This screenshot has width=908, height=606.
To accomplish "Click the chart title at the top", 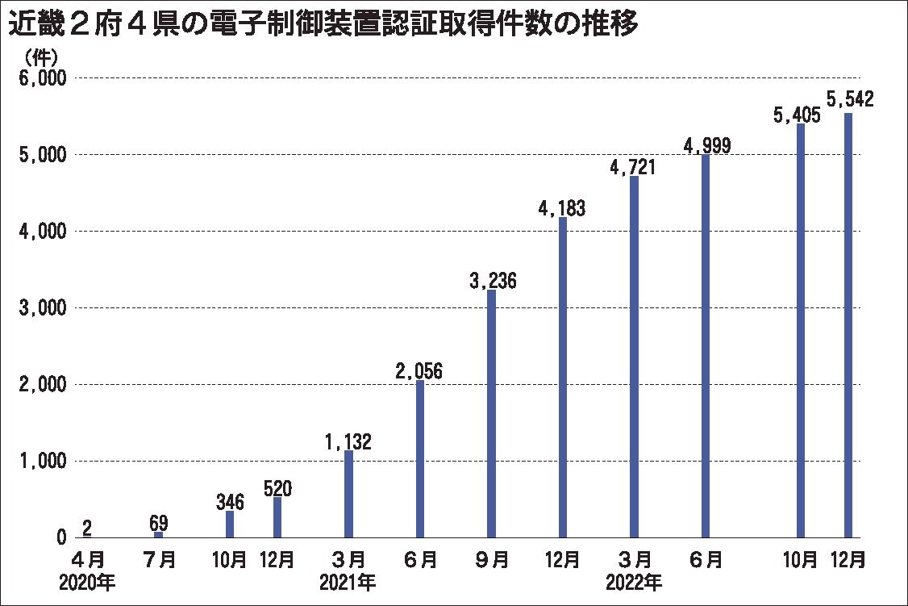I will (323, 26).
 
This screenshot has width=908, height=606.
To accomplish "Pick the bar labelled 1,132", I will (348, 494).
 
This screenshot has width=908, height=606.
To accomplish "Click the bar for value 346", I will (230, 525).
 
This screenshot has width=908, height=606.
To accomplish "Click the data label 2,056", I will (419, 371).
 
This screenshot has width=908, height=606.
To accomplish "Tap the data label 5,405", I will (796, 115).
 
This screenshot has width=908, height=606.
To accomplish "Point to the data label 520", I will (277, 488).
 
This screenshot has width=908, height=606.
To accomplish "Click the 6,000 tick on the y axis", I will (40, 78).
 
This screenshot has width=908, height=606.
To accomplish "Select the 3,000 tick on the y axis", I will (40, 308).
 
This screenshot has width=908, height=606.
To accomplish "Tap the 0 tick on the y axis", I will (60, 538).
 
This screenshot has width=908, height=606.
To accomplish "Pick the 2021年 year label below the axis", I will (348, 580).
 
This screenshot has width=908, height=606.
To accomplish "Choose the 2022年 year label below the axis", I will (635, 580).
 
